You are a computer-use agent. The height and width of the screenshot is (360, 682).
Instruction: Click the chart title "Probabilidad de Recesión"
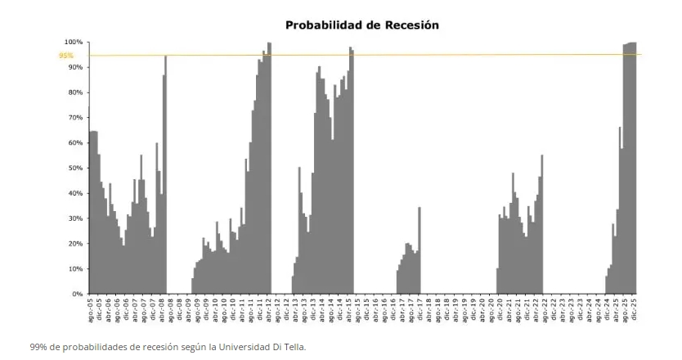click(x=361, y=25)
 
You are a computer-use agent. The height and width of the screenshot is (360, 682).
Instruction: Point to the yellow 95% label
click(x=65, y=56)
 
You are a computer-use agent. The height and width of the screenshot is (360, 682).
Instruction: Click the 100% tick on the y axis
click(x=74, y=42)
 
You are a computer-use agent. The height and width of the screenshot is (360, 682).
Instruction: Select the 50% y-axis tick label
click(x=75, y=168)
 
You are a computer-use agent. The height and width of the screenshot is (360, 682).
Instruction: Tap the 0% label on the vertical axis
click(x=78, y=294)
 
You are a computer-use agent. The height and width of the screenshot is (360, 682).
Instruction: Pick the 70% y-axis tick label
click(x=75, y=118)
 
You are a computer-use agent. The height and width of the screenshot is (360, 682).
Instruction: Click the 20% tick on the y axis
click(x=75, y=244)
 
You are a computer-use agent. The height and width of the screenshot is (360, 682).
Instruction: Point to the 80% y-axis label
click(x=75, y=92)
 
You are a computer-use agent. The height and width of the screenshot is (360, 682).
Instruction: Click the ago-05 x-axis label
click(x=91, y=308)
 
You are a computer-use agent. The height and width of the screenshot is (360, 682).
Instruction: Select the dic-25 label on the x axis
click(x=633, y=308)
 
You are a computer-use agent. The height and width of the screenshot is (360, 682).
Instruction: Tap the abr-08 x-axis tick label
click(x=162, y=308)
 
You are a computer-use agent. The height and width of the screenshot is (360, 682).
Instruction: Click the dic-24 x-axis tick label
click(x=606, y=308)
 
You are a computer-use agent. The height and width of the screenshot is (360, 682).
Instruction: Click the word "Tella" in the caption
click(x=292, y=347)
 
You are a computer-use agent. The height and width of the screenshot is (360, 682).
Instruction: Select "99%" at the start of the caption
click(x=38, y=347)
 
